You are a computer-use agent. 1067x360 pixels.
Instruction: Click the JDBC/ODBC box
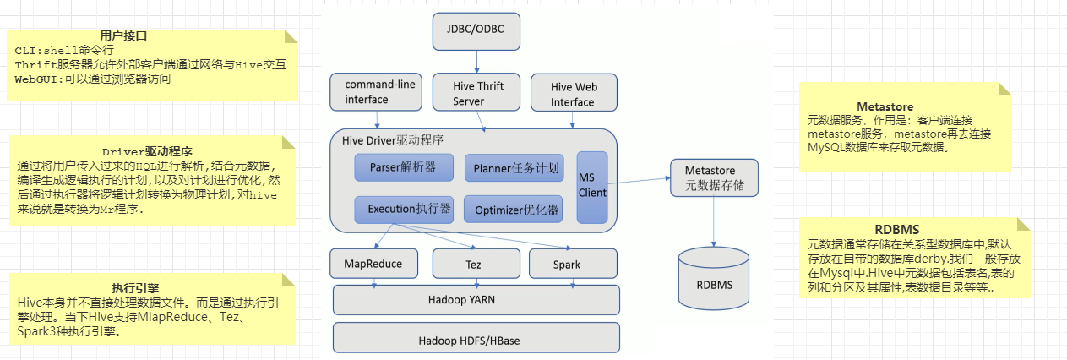(x=476, y=31)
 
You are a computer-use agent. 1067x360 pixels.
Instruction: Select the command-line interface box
(x=374, y=92)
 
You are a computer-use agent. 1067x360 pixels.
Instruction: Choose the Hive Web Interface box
(x=573, y=94)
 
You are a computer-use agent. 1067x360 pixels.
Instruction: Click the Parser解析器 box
(x=404, y=167)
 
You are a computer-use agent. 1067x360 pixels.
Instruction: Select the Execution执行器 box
(x=404, y=208)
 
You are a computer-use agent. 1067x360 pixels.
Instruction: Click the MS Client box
(x=592, y=187)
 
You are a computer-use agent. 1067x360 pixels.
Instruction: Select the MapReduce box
(x=373, y=264)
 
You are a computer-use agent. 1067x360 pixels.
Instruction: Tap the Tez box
(x=473, y=265)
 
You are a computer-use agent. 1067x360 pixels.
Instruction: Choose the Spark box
(x=567, y=265)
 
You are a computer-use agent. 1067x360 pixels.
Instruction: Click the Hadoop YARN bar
(x=476, y=299)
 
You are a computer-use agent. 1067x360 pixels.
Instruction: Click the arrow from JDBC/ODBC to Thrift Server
(x=476, y=61)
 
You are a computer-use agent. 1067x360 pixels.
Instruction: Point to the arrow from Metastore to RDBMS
(x=714, y=221)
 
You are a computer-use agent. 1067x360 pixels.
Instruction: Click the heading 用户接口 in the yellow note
(x=124, y=36)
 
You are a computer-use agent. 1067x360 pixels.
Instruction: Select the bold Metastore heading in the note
(x=885, y=106)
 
